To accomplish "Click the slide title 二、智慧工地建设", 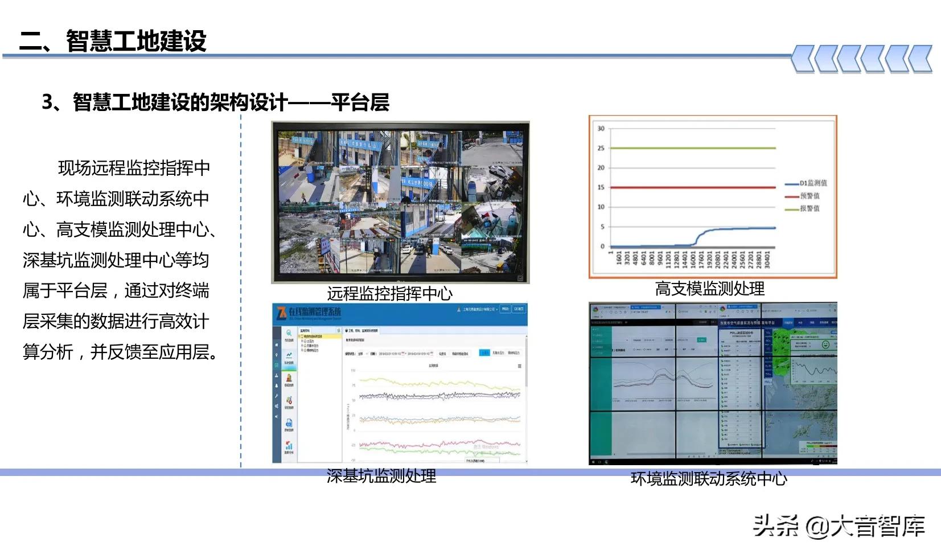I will click(113, 41).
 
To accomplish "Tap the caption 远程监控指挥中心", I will click(389, 294).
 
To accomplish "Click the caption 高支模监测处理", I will click(709, 289).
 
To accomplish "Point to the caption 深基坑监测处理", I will click(381, 476).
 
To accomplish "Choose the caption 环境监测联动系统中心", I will click(709, 479).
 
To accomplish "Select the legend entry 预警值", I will click(809, 196).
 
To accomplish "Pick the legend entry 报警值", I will click(809, 208).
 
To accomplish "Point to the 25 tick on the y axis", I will click(601, 148).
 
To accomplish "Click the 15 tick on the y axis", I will click(601, 187).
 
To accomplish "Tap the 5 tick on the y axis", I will click(602, 227).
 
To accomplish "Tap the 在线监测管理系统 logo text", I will click(314, 312).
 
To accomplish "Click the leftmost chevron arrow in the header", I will click(803, 59).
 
